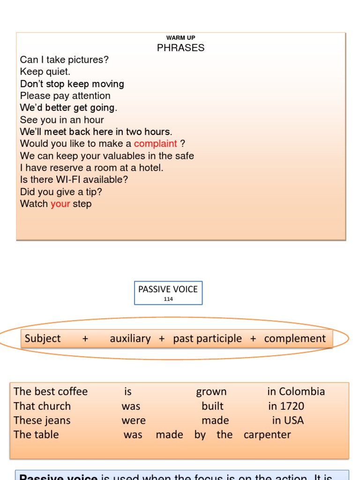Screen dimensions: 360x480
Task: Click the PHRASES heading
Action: pos(180,48)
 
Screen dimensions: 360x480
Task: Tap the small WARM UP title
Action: pos(180,37)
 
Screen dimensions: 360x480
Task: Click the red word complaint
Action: pos(156,143)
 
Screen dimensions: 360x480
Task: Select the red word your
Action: pos(60,203)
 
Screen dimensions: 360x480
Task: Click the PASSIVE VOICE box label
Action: pos(168,289)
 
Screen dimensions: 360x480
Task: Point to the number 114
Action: pos(168,299)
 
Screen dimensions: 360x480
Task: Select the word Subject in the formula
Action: pos(43,338)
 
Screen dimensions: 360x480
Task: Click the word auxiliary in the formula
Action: pos(130,338)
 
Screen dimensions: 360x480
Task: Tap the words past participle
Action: pos(207,338)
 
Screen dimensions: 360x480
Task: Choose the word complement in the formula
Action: pos(295,338)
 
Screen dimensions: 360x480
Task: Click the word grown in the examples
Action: pos(211,391)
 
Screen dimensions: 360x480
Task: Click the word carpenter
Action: pos(267,435)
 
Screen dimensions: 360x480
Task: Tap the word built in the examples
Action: pos(212,406)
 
